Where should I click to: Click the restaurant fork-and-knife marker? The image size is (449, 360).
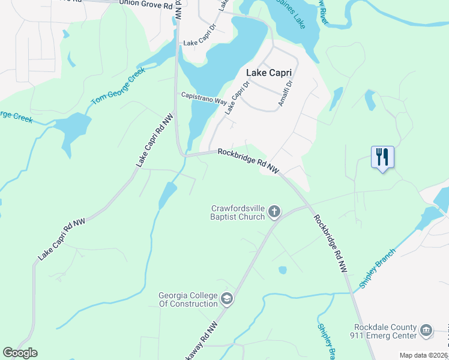point(382,157)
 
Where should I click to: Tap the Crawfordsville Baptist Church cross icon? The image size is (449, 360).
point(274,211)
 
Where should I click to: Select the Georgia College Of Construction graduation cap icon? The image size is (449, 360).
point(227,298)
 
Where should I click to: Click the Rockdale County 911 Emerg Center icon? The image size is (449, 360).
point(426,330)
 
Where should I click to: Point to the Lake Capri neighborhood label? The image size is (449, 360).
point(269,73)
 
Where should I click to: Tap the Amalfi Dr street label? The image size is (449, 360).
point(285,94)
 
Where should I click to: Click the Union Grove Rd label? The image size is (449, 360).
point(142,3)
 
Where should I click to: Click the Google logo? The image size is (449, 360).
point(20,353)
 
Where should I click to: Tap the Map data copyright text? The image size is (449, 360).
point(424,355)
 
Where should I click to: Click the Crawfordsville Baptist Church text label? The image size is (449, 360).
point(238,212)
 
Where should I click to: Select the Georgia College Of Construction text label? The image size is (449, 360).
point(188,299)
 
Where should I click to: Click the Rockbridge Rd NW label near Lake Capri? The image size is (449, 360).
point(249,161)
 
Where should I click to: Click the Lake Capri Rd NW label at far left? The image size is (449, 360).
point(62,239)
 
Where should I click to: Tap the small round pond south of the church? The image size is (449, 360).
point(282,270)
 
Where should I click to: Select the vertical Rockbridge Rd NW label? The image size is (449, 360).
point(330,244)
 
